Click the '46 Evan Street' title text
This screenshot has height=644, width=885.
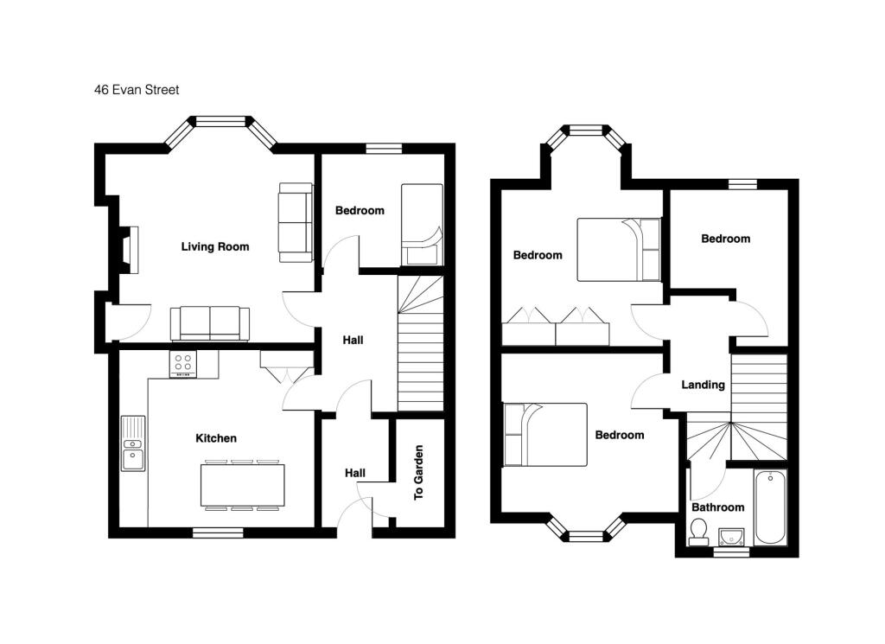(x=137, y=90)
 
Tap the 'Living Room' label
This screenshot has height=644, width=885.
(x=215, y=246)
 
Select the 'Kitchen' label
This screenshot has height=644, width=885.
(x=216, y=438)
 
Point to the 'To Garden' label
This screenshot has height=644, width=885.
(x=418, y=473)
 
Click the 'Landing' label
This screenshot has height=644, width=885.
(x=703, y=385)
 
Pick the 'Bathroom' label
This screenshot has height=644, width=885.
(x=717, y=507)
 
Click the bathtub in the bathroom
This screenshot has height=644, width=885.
(x=770, y=507)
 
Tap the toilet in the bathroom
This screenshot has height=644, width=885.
(x=698, y=532)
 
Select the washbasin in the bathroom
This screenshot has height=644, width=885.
(x=731, y=537)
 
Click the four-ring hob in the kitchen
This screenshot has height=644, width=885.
(x=183, y=363)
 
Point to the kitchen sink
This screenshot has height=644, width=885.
(x=133, y=443)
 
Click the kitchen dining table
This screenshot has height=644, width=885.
(x=243, y=486)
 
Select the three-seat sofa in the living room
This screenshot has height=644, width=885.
(x=210, y=324)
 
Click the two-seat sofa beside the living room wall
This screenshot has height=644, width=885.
(x=296, y=222)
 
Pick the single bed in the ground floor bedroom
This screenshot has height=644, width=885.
(x=422, y=224)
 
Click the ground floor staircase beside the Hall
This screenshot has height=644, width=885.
(x=421, y=343)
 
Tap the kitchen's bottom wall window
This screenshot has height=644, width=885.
(x=218, y=532)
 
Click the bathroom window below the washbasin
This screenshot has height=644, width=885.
(x=732, y=552)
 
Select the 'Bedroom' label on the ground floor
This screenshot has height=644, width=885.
(x=360, y=211)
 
